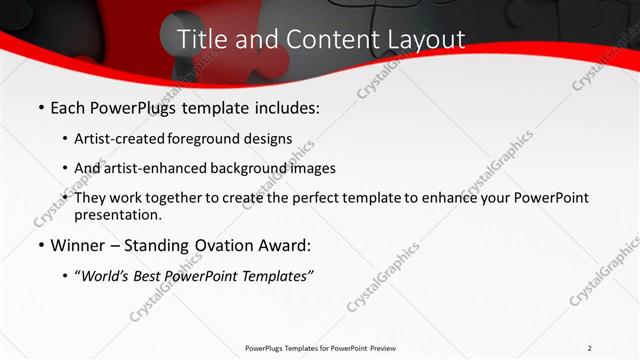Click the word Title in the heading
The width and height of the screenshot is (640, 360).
coord(200,39)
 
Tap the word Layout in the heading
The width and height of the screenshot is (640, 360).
coord(421,40)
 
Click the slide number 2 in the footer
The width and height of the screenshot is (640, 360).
coord(590,348)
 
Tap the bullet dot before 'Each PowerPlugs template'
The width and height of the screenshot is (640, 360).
coord(40,107)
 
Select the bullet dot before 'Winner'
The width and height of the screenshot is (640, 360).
coord(40,246)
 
